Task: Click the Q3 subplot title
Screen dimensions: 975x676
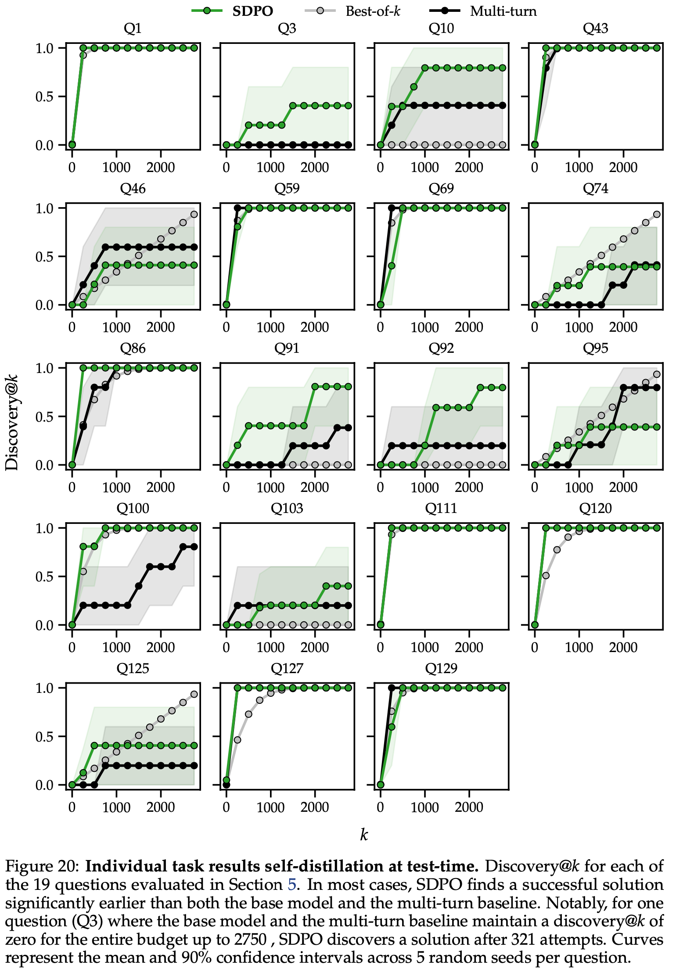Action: (287, 29)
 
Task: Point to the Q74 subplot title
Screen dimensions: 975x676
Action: (595, 188)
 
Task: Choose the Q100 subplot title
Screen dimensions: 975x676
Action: (133, 508)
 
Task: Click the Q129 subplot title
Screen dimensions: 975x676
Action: (441, 668)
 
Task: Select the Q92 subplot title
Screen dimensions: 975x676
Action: (441, 348)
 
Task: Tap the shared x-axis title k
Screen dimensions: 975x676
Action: (364, 835)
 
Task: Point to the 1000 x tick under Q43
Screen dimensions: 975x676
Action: (579, 168)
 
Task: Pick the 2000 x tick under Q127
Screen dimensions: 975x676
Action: (315, 807)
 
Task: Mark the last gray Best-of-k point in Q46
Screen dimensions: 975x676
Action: (194, 215)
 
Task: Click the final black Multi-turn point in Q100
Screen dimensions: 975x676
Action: (194, 547)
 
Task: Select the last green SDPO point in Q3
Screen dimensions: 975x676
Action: (348, 106)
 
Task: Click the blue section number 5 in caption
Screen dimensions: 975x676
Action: (292, 885)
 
